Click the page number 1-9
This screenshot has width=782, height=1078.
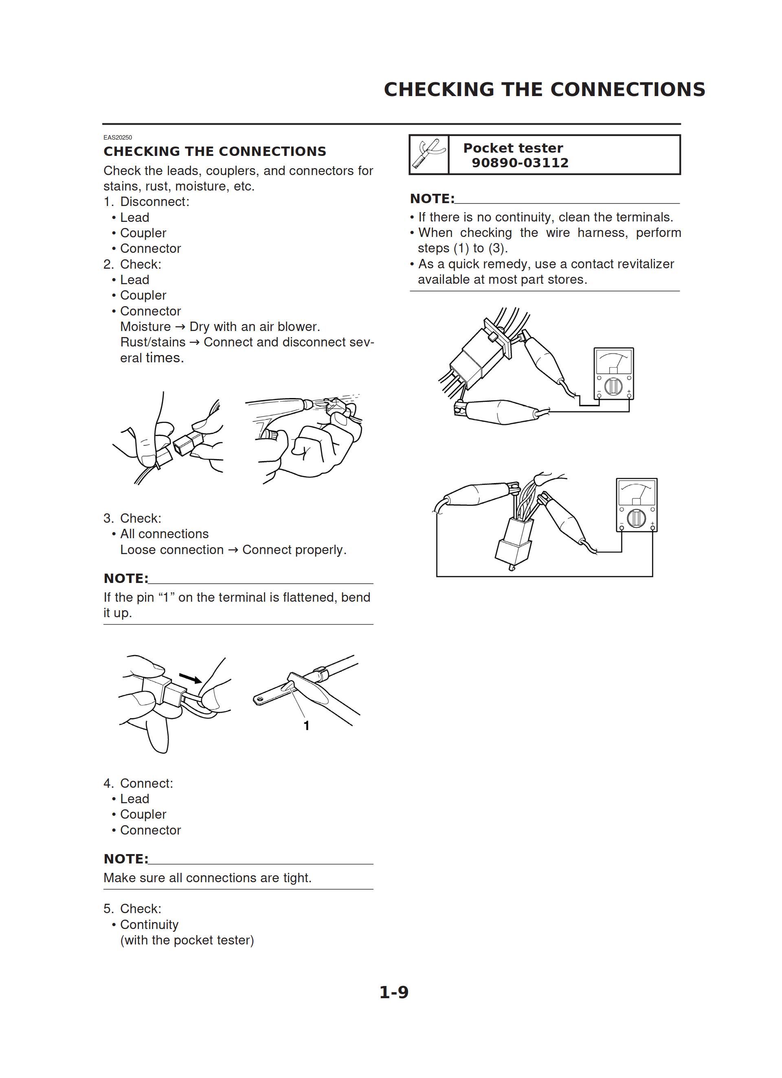393,992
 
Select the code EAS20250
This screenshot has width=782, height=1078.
117,137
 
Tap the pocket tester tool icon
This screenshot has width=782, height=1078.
429,154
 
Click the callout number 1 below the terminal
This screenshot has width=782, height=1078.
306,726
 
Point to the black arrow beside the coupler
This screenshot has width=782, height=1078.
190,678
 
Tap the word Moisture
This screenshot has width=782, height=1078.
145,327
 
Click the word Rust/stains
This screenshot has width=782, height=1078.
153,342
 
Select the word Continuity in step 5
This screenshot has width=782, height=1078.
149,925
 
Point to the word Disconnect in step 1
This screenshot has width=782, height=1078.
153,202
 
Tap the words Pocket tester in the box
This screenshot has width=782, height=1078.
513,148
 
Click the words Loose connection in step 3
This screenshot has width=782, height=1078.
172,550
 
